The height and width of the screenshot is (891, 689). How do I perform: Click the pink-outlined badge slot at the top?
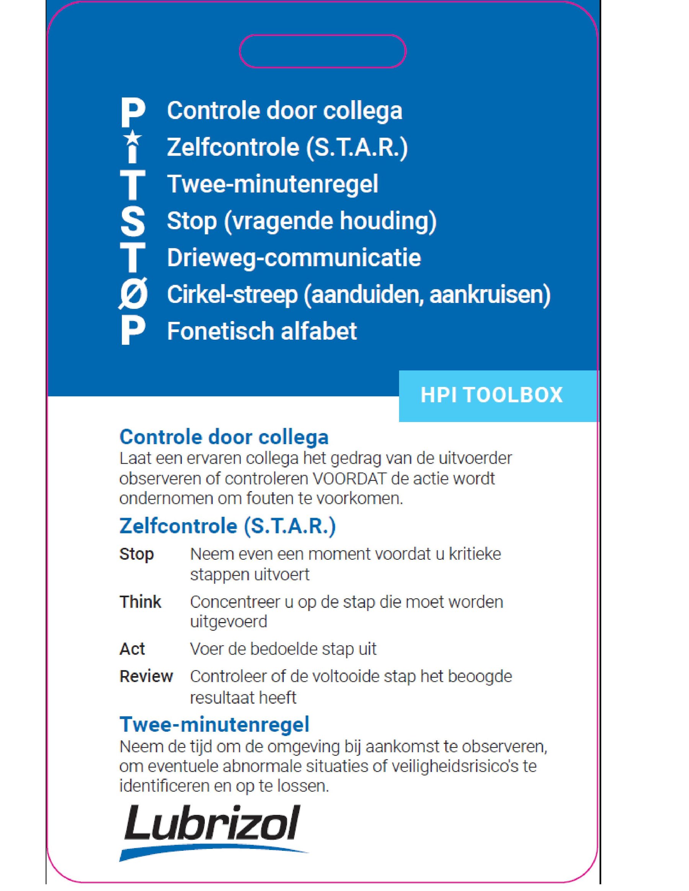tap(322, 51)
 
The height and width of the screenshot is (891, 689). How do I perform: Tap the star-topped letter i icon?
tap(133, 147)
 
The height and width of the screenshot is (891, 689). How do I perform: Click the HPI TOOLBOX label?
tap(491, 395)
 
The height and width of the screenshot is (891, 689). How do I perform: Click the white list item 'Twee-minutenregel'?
tap(273, 184)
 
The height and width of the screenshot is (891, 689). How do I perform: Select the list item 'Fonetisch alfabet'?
tap(262, 331)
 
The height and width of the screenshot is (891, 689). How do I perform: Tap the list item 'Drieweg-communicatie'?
tap(294, 257)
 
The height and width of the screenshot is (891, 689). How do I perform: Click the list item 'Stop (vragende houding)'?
tap(301, 221)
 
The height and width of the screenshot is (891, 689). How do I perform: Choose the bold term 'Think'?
tap(140, 602)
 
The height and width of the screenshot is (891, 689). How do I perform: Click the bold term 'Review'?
tap(146, 676)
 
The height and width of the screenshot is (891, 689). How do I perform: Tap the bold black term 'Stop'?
tap(136, 554)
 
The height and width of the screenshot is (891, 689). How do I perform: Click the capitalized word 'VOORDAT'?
tap(349, 478)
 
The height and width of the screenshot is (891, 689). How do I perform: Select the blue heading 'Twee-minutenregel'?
tap(214, 724)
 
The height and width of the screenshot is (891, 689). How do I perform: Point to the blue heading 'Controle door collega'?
tap(224, 437)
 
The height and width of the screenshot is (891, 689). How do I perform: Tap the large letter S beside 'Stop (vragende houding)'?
tap(133, 221)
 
